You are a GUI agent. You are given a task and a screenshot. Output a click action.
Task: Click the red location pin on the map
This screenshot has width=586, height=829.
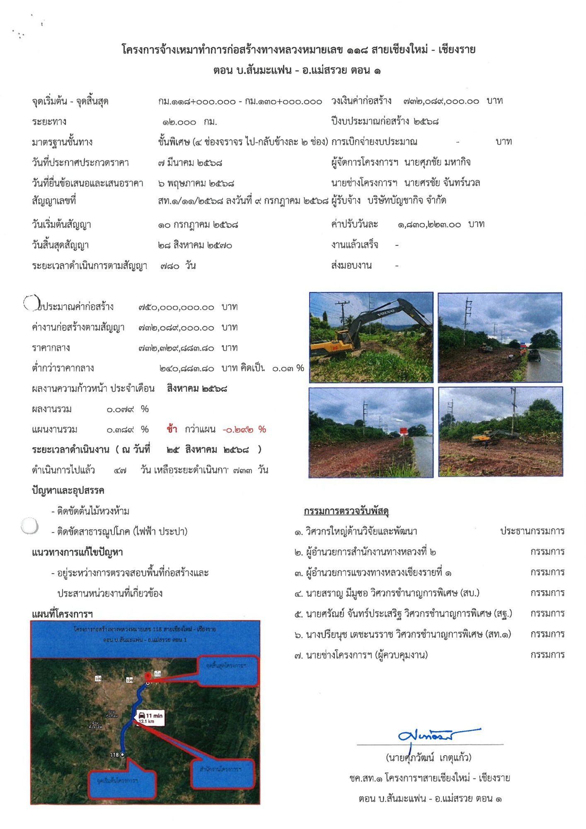[148, 676]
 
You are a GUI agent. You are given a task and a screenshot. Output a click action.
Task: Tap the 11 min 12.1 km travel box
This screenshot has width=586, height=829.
[151, 718]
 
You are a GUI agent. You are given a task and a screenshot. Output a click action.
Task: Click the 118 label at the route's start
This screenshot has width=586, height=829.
[114, 755]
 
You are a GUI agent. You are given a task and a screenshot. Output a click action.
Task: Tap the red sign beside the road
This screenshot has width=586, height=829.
[403, 431]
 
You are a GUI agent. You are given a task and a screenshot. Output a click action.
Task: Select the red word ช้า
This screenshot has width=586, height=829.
[172, 429]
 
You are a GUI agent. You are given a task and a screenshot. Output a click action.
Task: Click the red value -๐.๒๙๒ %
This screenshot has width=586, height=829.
[244, 429]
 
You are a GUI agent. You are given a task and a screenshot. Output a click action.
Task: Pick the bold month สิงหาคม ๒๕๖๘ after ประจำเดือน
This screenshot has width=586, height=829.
[197, 388]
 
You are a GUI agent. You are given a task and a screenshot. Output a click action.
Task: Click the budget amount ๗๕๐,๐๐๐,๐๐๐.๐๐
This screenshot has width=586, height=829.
[176, 307]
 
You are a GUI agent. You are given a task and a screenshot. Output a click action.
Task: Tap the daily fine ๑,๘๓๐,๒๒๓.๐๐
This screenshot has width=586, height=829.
[429, 224]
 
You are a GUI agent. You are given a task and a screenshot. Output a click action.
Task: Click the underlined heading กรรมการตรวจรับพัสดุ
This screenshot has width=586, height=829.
[346, 511]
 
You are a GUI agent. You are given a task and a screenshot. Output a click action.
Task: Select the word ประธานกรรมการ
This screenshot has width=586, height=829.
[532, 531]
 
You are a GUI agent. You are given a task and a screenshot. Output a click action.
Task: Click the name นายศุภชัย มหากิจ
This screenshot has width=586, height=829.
[437, 162]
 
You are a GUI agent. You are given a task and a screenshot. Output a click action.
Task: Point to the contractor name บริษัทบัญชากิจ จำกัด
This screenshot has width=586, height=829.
[407, 200]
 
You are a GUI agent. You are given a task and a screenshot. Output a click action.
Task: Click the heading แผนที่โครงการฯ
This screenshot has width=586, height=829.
[62, 613]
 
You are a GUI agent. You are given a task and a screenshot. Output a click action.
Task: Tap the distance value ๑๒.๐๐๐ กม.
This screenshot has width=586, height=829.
[189, 122]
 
